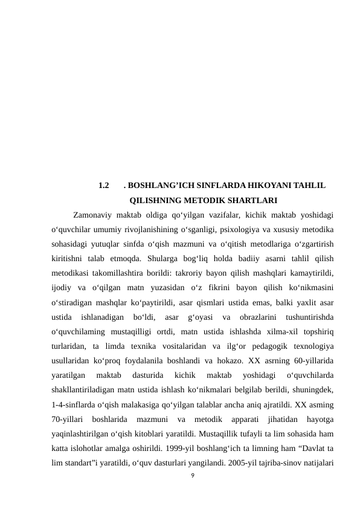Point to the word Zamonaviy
(91, 215)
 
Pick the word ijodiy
(62, 287)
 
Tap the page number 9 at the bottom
(192, 476)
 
